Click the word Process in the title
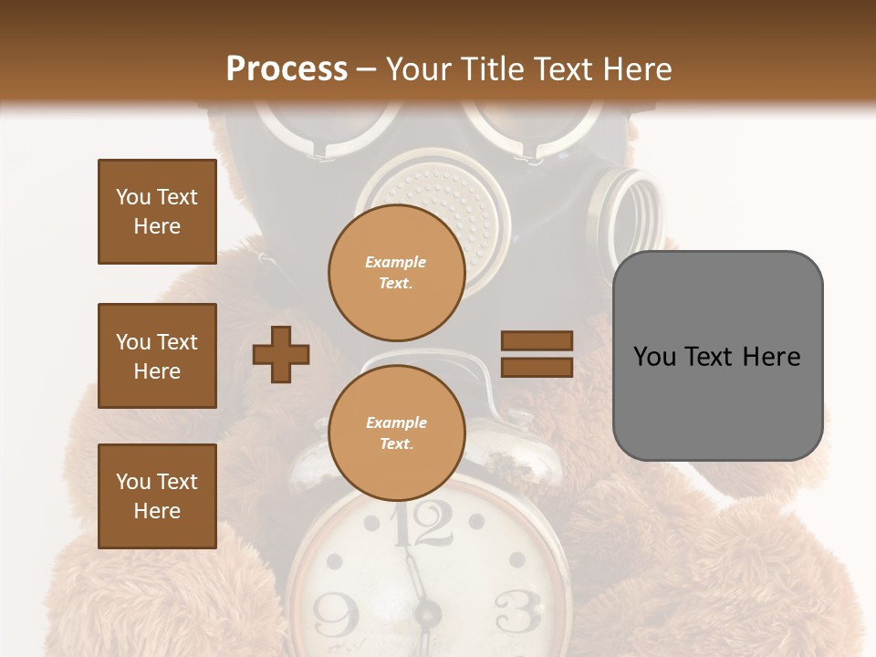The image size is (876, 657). pos(287,68)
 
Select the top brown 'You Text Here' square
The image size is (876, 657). pos(157,212)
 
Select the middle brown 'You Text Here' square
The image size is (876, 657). pos(157,356)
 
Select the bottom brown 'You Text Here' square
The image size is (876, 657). pos(157,495)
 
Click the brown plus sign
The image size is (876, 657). pos(281,353)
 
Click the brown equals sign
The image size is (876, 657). pos(537,354)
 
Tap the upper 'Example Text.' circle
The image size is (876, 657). pos(396,272)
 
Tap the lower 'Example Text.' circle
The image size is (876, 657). pos(396,433)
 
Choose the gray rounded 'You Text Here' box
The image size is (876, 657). pos(717,356)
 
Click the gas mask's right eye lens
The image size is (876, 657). pos(516,123)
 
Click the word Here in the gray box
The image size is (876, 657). pos(771,356)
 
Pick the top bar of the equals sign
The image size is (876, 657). pos(537,341)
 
